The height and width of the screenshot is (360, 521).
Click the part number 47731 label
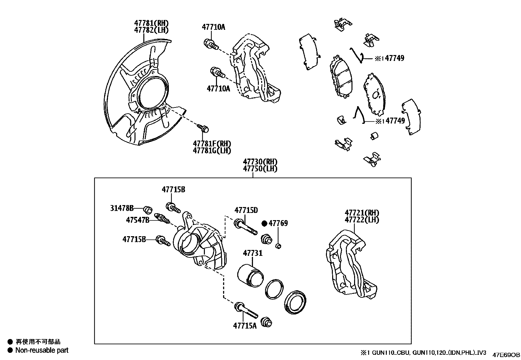(252, 253)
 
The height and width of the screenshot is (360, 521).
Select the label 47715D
(246, 210)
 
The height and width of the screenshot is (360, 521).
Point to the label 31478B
(121, 208)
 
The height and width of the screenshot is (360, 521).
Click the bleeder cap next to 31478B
(148, 209)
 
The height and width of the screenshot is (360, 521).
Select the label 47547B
(137, 220)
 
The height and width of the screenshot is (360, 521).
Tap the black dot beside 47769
(264, 223)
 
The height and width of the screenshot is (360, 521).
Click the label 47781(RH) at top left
(151, 23)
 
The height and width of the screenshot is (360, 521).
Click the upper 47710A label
(213, 27)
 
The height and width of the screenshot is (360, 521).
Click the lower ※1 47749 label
(390, 121)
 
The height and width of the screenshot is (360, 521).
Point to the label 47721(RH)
(362, 213)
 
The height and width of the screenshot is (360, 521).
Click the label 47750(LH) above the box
(260, 169)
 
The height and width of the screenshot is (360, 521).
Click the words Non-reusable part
(42, 350)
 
